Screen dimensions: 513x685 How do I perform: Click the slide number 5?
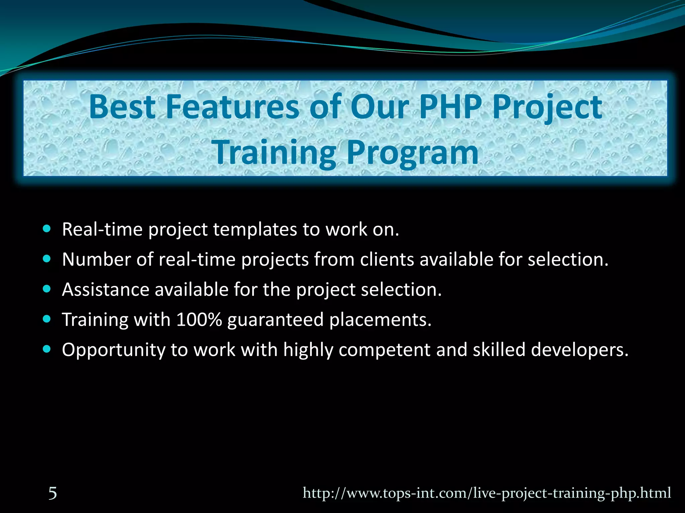tap(53, 493)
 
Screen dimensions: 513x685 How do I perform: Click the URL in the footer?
tap(487, 493)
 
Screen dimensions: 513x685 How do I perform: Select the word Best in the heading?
tap(122, 107)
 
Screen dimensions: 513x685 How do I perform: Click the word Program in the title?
tap(412, 153)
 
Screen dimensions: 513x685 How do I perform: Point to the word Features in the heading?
tap(232, 107)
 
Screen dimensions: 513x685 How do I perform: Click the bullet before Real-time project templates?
tap(47, 229)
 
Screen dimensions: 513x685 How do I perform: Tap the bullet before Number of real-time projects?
tap(47, 259)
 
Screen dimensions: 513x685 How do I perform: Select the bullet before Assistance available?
tap(47, 289)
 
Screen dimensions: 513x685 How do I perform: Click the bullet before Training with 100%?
tap(47, 319)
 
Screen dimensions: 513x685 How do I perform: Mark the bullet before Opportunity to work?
tap(47, 349)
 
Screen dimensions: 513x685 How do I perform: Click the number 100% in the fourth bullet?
tap(199, 319)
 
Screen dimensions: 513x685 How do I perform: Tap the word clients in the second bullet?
tap(387, 260)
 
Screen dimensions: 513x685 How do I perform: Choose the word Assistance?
tap(105, 289)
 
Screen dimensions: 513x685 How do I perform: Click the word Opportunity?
tap(113, 350)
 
